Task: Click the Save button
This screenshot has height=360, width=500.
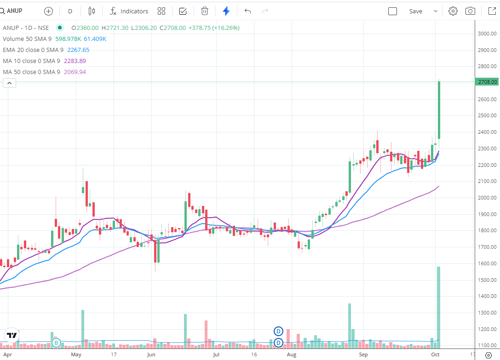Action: pyautogui.click(x=415, y=11)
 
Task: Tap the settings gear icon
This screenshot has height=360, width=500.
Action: pyautogui.click(x=453, y=11)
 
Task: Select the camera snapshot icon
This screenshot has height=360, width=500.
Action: pyautogui.click(x=470, y=11)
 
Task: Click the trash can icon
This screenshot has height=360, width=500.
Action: pyautogui.click(x=205, y=11)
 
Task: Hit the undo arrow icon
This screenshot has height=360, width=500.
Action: pyautogui.click(x=248, y=11)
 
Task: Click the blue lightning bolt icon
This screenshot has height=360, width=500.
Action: pyautogui.click(x=226, y=11)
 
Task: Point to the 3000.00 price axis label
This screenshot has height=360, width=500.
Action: pyautogui.click(x=487, y=34)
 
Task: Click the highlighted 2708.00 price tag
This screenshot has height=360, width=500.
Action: pyautogui.click(x=487, y=82)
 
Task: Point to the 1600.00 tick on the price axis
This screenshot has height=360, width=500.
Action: pyautogui.click(x=487, y=263)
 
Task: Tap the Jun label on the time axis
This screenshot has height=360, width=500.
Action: pyautogui.click(x=151, y=355)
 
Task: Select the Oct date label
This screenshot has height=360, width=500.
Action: pyautogui.click(x=436, y=355)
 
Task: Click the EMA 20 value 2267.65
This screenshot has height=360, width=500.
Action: pyautogui.click(x=78, y=50)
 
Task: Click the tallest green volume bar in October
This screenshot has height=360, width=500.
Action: pyautogui.click(x=439, y=306)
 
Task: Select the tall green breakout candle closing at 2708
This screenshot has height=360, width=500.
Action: pyautogui.click(x=439, y=110)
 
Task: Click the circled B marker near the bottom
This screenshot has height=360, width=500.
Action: pyautogui.click(x=56, y=343)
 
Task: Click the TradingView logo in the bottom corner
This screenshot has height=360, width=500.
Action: pyautogui.click(x=11, y=335)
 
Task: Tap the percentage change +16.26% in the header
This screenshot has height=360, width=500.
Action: pyautogui.click(x=226, y=28)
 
